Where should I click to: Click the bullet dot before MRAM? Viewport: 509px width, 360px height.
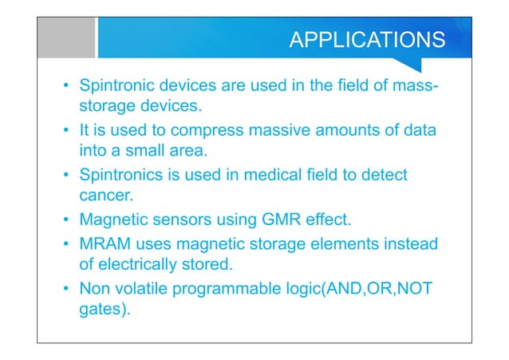(x=66, y=244)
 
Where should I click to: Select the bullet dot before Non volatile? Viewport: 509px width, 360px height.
(x=66, y=288)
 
